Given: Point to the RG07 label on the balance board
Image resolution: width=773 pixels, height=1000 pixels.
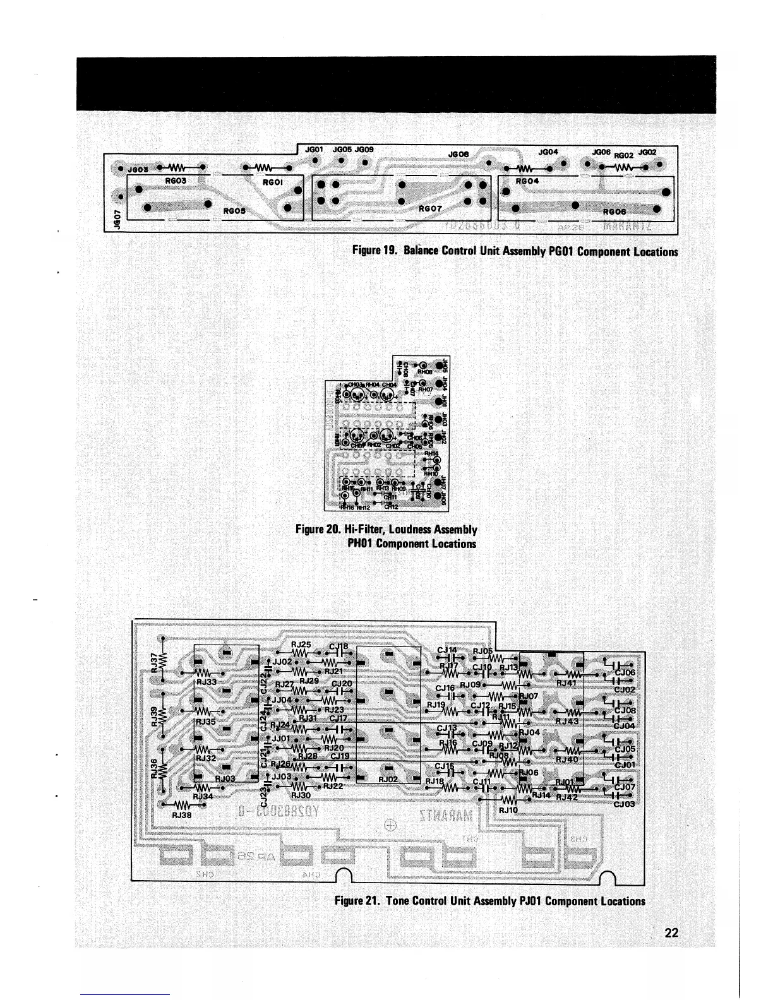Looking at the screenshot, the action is coord(432,208).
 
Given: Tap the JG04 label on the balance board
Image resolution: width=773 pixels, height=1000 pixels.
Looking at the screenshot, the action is coord(548,152).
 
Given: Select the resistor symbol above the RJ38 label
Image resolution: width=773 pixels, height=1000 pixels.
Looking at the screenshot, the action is coord(182,805).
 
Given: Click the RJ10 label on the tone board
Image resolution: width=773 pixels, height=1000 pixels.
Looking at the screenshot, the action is coord(508,809).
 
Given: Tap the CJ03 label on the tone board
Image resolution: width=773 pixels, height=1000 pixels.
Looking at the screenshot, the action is coord(625,804).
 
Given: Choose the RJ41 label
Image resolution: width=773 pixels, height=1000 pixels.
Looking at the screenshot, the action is coord(566,682).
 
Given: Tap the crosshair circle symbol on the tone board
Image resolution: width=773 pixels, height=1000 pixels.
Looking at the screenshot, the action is coord(390,825).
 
